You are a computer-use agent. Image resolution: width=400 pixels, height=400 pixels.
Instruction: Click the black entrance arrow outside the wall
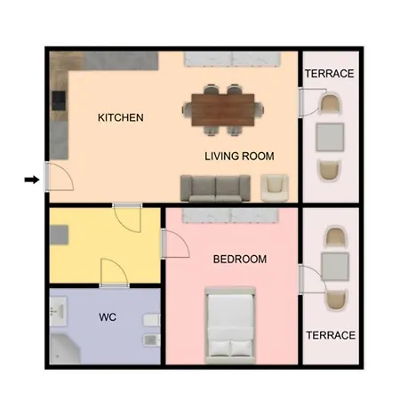[x=32, y=180]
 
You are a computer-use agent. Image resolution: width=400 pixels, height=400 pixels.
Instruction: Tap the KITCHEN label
[x=121, y=117]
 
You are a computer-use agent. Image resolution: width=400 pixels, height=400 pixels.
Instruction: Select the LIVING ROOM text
[x=239, y=156]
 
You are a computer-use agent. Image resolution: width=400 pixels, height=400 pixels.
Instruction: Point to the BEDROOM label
[x=240, y=260]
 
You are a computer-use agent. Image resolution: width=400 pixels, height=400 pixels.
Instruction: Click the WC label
[x=108, y=317]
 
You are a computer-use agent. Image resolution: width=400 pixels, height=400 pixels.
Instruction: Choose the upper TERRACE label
[x=330, y=74]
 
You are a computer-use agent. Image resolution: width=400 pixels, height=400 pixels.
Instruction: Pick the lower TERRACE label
[x=331, y=335]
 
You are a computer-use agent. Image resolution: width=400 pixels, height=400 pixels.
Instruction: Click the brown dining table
[x=223, y=110]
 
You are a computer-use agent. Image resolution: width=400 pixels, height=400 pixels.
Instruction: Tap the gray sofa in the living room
[x=215, y=188]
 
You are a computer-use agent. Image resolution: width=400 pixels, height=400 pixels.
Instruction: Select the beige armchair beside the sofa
[x=275, y=188]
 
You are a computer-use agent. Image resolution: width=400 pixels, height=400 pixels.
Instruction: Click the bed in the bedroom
[x=230, y=325]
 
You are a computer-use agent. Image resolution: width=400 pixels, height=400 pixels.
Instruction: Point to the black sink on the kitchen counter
[x=59, y=100]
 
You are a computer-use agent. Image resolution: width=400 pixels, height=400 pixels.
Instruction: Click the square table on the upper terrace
[x=330, y=137]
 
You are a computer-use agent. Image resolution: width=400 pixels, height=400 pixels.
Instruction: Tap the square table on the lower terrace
[x=335, y=267]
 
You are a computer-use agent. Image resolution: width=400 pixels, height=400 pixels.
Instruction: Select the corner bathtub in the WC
[x=65, y=348]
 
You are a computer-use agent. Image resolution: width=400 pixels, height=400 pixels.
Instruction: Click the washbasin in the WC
[x=58, y=311]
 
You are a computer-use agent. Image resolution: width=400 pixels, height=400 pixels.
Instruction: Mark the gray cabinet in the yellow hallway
[x=59, y=235]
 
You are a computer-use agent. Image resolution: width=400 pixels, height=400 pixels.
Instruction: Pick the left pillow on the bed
[x=220, y=348]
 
